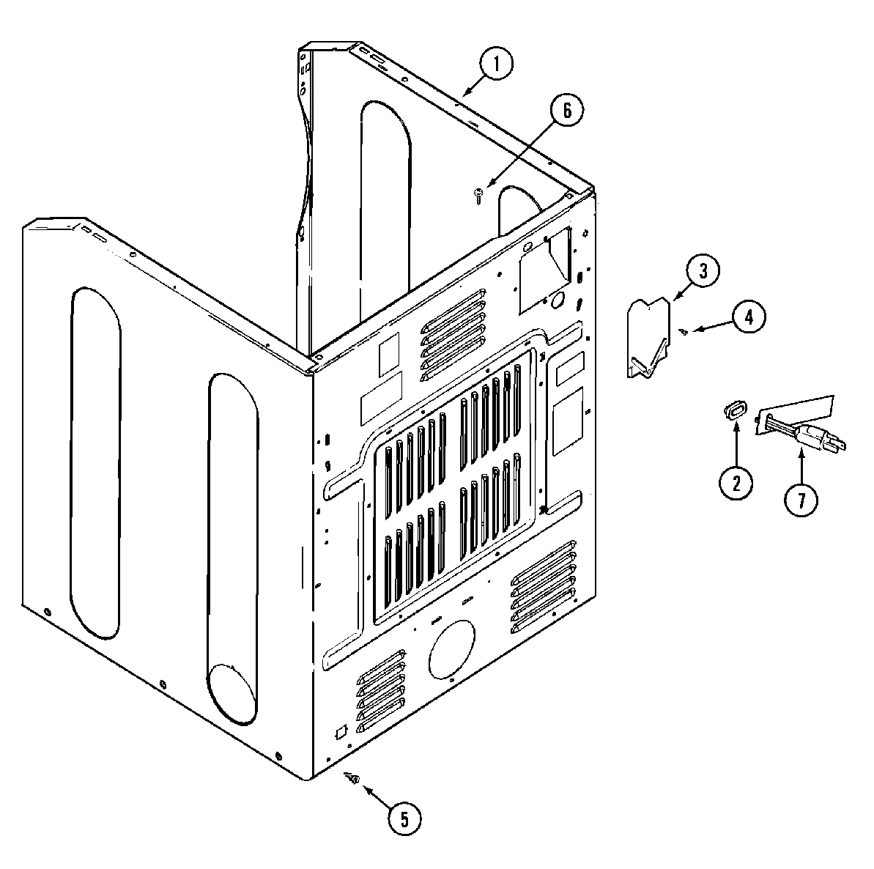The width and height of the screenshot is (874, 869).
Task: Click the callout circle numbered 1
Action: coord(497,64)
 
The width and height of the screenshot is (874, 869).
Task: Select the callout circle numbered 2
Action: coord(736,481)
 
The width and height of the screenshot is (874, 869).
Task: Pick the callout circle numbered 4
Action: coord(749,317)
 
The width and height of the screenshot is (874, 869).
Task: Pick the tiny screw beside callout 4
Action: coord(684,332)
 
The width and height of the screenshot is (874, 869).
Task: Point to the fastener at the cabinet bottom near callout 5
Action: coord(352,780)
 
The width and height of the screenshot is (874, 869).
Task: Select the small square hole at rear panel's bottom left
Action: coord(339,731)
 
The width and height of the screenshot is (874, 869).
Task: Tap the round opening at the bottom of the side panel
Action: coord(233,690)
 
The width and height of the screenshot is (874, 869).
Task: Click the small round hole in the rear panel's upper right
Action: coord(557,299)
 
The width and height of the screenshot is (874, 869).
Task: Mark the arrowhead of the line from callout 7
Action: coord(802,454)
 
